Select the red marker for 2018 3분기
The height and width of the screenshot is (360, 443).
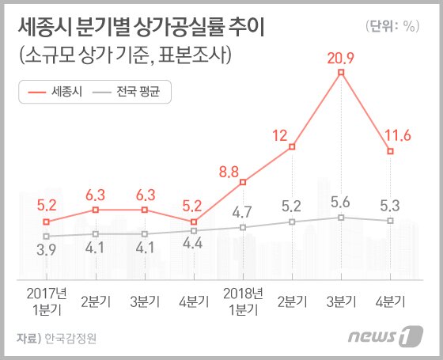(x=341, y=73)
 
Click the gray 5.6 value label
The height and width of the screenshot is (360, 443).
(x=341, y=201)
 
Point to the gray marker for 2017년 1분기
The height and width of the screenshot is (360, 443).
(x=47, y=236)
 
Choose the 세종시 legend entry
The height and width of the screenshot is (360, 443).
(x=52, y=92)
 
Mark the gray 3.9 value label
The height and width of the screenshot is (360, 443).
(x=47, y=252)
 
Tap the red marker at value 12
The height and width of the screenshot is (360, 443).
(x=292, y=146)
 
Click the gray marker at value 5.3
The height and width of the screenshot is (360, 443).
(x=390, y=220)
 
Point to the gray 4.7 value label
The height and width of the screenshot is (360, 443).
(x=243, y=210)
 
